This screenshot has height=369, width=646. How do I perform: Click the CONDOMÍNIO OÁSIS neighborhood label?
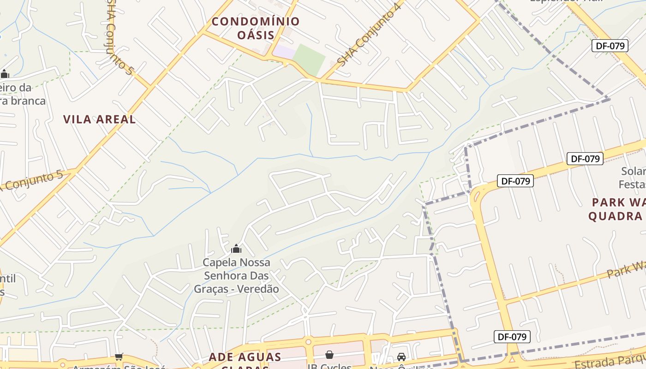pyautogui.click(x=256, y=28)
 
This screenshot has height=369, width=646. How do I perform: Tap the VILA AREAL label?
pyautogui.click(x=99, y=119)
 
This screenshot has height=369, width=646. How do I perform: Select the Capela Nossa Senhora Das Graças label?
pyautogui.click(x=236, y=276)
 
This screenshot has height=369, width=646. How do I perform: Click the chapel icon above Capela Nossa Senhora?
pyautogui.click(x=236, y=249)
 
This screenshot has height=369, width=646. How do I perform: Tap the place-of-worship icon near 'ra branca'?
pyautogui.click(x=5, y=74)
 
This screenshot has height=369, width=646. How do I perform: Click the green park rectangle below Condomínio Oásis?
pyautogui.click(x=310, y=59)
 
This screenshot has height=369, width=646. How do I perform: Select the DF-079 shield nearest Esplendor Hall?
pyautogui.click(x=610, y=45)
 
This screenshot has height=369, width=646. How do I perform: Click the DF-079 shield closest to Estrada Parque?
pyautogui.click(x=512, y=337)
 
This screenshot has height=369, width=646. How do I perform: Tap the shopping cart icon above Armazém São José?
pyautogui.click(x=119, y=357)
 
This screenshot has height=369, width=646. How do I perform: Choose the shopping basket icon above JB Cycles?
pyautogui.click(x=329, y=355)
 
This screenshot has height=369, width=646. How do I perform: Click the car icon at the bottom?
pyautogui.click(x=401, y=357)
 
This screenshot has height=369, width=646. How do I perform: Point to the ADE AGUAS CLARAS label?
pyautogui.click(x=245, y=357)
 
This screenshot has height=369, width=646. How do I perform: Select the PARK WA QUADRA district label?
pyautogui.click(x=618, y=209)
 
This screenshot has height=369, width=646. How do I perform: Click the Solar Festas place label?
pyautogui.click(x=633, y=178)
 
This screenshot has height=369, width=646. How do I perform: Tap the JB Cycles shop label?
pyautogui.click(x=329, y=366)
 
